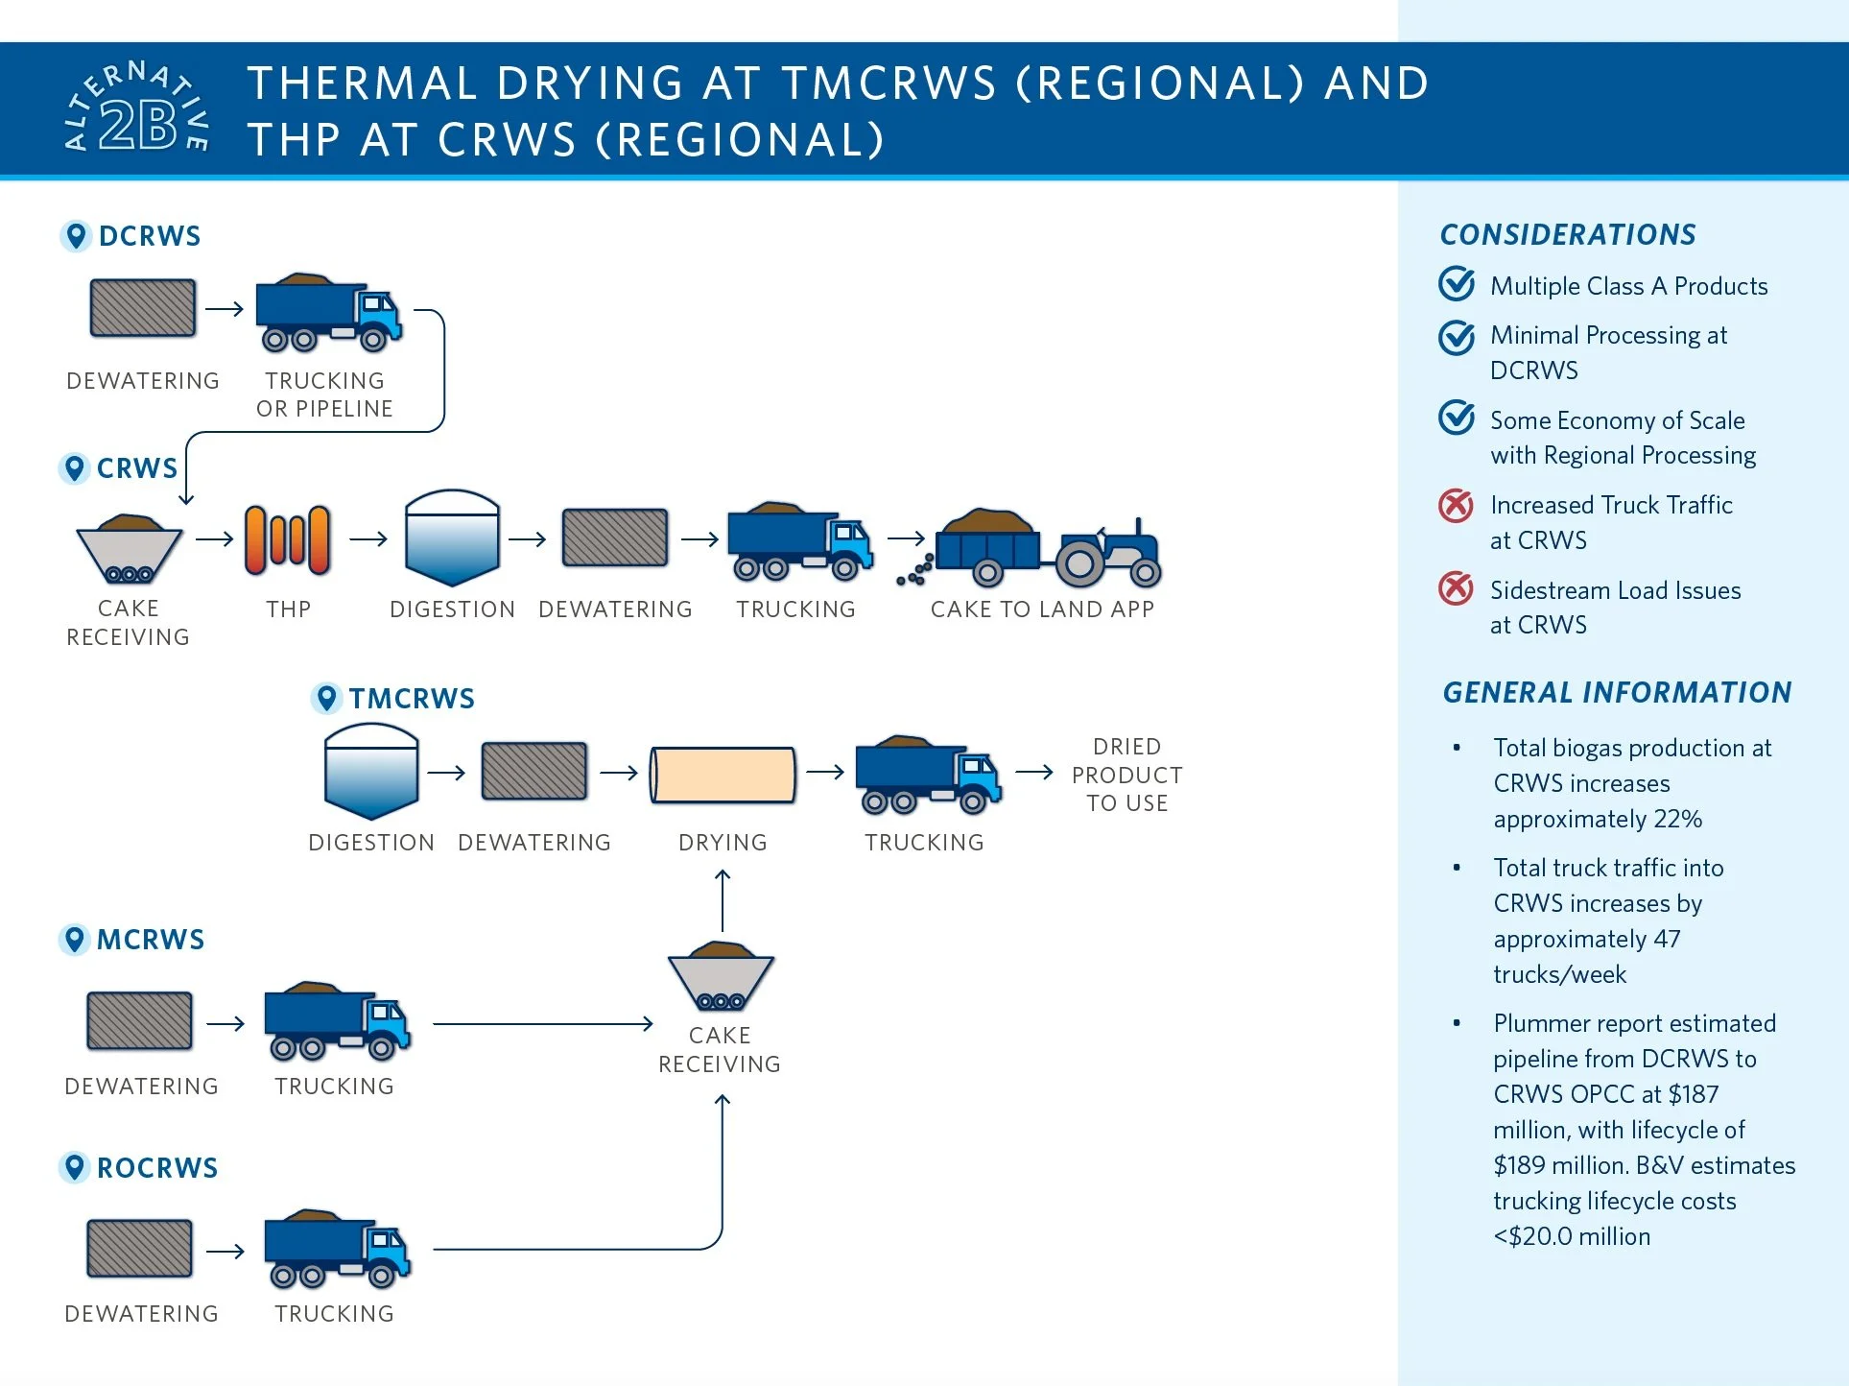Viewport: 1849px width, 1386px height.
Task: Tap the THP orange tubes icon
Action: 287,539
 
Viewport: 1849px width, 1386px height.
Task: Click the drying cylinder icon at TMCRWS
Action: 723,774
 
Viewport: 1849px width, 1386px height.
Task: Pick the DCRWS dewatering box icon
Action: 143,308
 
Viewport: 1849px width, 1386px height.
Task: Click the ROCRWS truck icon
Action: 337,1248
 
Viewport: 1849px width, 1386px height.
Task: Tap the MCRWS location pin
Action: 74,939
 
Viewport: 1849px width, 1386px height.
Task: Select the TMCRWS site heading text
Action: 412,699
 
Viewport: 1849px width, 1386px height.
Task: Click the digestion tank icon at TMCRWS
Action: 371,772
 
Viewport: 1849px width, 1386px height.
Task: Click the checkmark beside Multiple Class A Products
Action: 1457,284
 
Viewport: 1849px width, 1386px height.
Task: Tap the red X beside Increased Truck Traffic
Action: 1456,505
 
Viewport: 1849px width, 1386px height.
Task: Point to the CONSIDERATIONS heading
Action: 1568,234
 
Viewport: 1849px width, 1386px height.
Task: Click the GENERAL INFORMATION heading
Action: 1617,692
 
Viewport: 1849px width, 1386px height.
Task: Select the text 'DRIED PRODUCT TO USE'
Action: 1126,775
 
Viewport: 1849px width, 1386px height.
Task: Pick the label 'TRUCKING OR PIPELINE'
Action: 324,394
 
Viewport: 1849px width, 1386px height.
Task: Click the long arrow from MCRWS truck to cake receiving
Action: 542,1024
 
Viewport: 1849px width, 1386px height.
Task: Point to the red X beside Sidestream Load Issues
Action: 1456,588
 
